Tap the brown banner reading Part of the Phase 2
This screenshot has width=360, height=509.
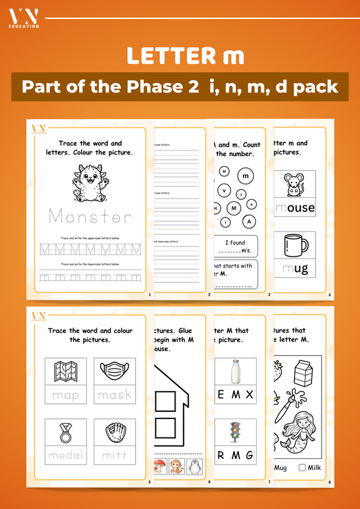(x=180, y=87)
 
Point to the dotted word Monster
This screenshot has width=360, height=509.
(x=91, y=217)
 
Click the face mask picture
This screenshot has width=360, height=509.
(x=114, y=371)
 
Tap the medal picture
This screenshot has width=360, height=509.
(x=66, y=432)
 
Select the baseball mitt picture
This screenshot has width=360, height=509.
(x=114, y=432)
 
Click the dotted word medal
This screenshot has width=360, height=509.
(x=66, y=456)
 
